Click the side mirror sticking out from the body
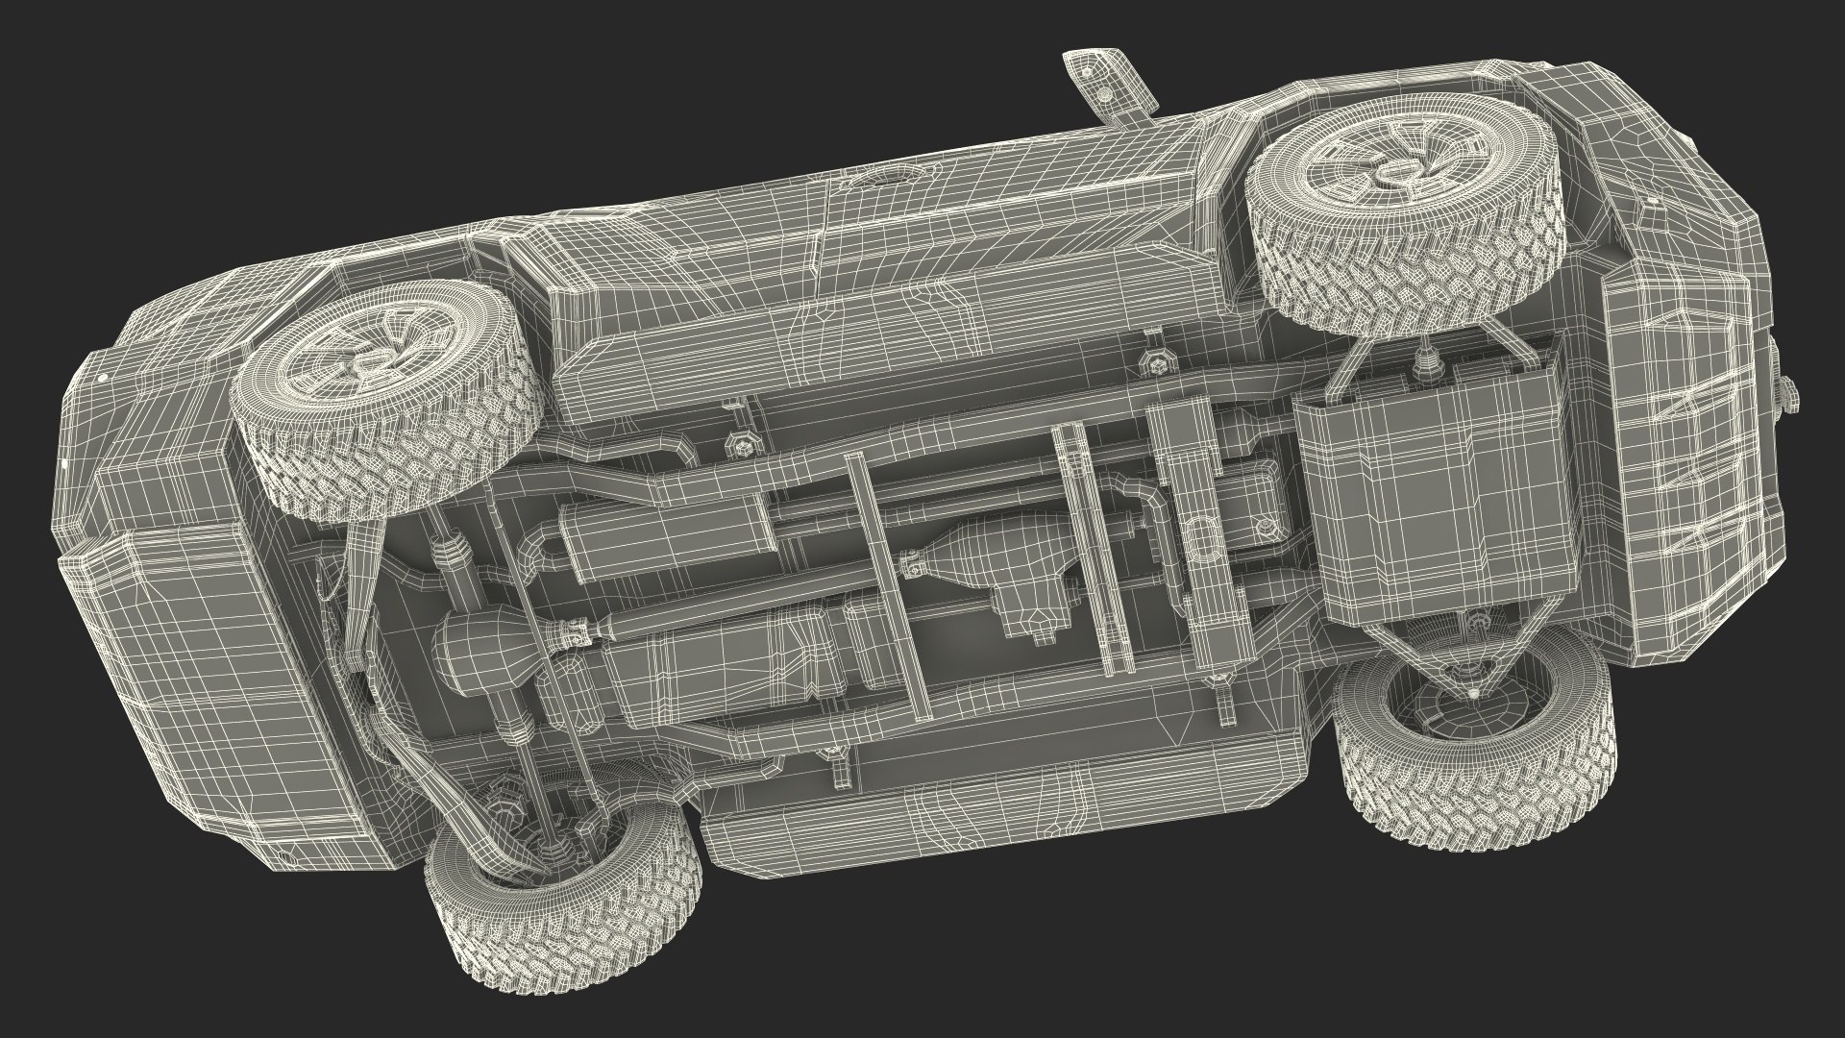(x=1105, y=82)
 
